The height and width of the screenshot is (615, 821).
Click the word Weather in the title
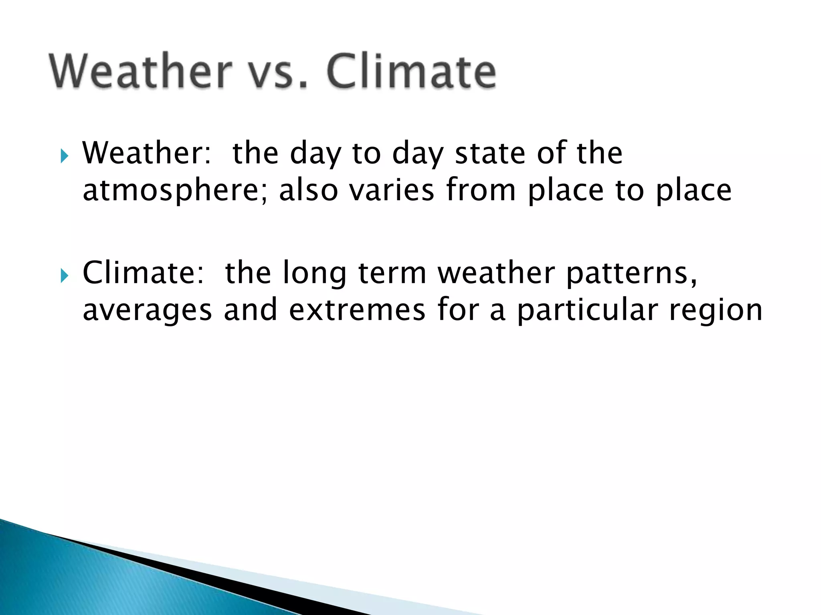pyautogui.click(x=140, y=71)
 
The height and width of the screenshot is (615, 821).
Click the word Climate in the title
pyautogui.click(x=412, y=71)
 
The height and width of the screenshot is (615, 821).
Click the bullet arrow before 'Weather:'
pyautogui.click(x=65, y=155)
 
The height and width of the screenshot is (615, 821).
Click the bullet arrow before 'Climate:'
pyautogui.click(x=65, y=275)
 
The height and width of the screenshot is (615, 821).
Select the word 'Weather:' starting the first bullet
pyautogui.click(x=146, y=153)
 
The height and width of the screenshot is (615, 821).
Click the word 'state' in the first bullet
pyautogui.click(x=490, y=154)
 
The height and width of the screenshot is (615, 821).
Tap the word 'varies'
pyautogui.click(x=392, y=191)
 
